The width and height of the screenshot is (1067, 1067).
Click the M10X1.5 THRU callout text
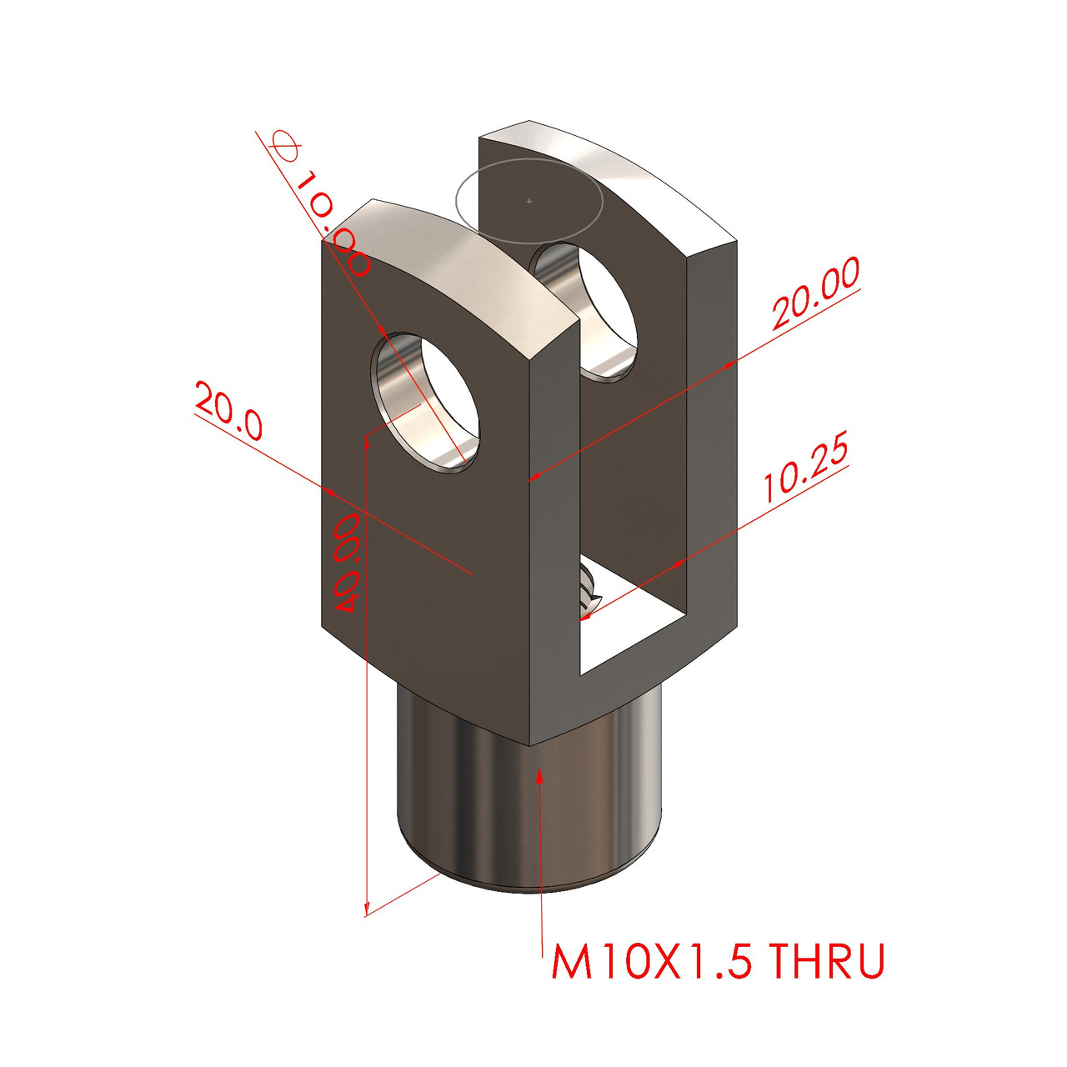[717, 961]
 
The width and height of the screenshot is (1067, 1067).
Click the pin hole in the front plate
[427, 402]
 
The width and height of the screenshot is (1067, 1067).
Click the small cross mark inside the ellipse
[529, 201]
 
